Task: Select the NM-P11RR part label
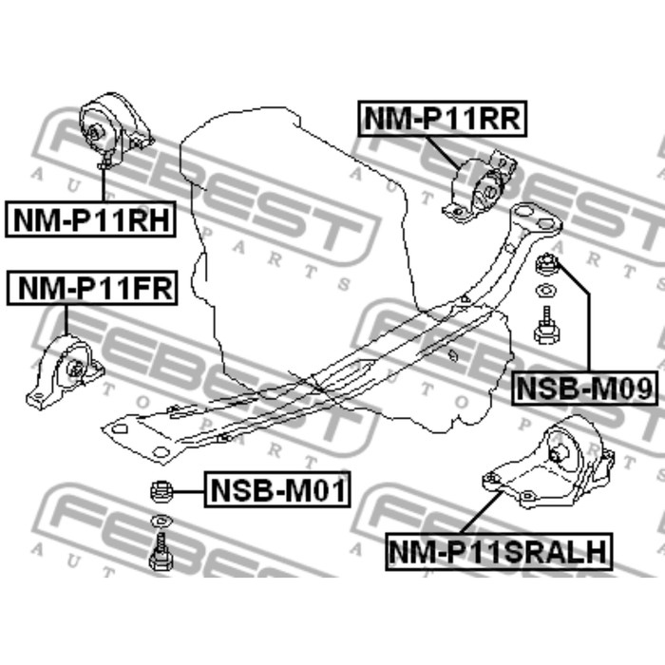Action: click(441, 119)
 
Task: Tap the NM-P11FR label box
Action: click(91, 288)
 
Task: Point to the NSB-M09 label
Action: click(584, 388)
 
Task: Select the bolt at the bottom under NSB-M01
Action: click(160, 552)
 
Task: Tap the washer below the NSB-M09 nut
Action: click(546, 291)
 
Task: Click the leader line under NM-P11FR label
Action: click(66, 323)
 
